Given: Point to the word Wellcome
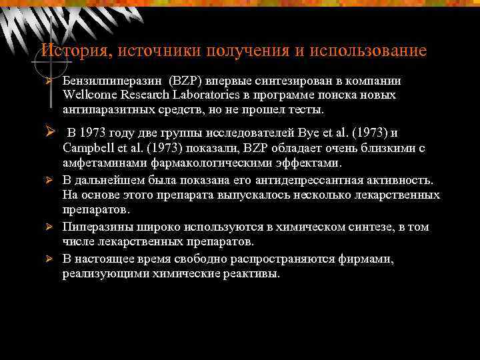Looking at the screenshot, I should click(x=89, y=95).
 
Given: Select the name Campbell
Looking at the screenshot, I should click(x=88, y=147).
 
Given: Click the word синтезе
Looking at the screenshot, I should click(x=363, y=227).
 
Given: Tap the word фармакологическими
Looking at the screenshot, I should click(x=208, y=162).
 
